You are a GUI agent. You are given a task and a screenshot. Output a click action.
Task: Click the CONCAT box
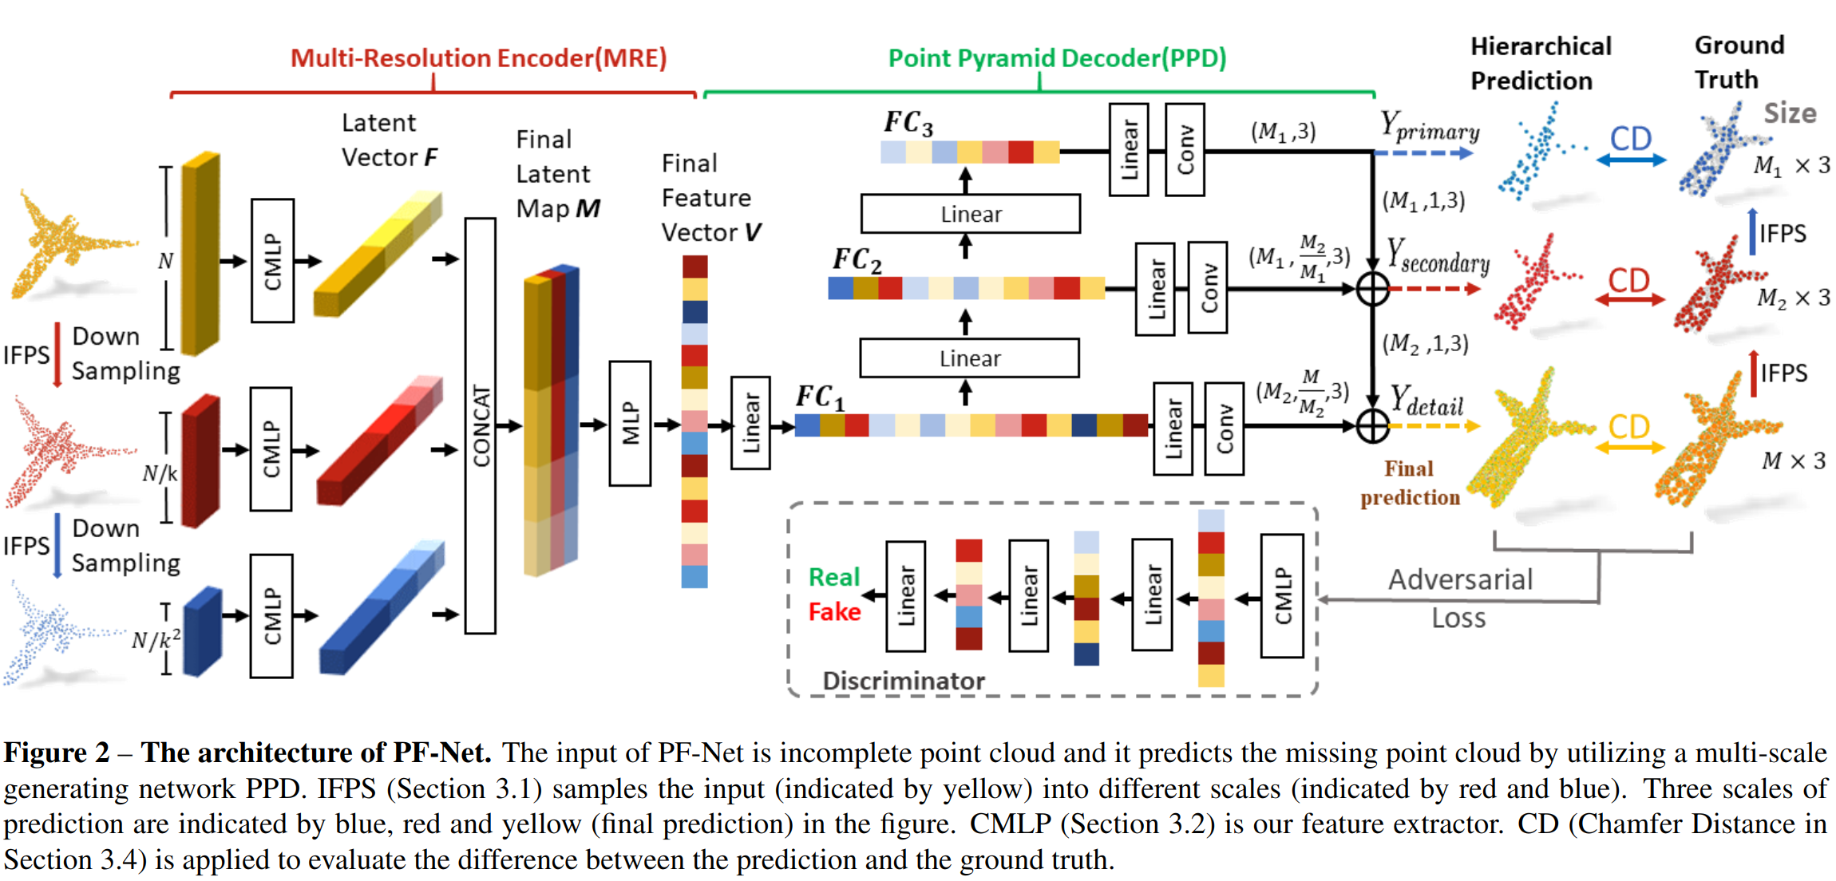click(480, 425)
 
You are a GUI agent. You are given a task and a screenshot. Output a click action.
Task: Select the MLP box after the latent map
click(630, 423)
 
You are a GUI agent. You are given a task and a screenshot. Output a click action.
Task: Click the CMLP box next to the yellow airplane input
click(272, 260)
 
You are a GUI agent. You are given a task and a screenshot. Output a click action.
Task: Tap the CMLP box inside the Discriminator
click(1282, 595)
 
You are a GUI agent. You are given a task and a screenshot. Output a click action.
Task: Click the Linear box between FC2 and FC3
click(970, 214)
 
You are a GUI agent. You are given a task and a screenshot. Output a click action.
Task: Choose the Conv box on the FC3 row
click(1185, 149)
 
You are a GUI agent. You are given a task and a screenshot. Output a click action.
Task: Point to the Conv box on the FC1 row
click(1224, 429)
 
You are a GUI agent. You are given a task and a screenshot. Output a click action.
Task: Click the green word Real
click(833, 577)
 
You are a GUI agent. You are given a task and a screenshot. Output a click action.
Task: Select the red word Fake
click(834, 612)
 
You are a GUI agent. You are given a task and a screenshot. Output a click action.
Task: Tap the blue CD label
click(1630, 140)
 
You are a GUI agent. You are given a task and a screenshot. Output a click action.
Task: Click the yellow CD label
click(1628, 427)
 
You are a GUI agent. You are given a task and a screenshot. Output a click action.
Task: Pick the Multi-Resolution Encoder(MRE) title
click(478, 58)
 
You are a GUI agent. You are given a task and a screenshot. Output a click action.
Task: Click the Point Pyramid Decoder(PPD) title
click(1056, 58)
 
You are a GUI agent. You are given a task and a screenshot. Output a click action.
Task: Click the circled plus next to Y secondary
click(1372, 289)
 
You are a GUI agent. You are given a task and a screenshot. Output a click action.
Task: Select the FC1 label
click(819, 396)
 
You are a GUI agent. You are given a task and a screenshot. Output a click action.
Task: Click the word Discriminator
click(903, 681)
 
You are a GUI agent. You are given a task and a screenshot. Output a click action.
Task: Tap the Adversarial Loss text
click(1459, 598)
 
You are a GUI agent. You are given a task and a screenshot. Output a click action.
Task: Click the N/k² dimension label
click(156, 639)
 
